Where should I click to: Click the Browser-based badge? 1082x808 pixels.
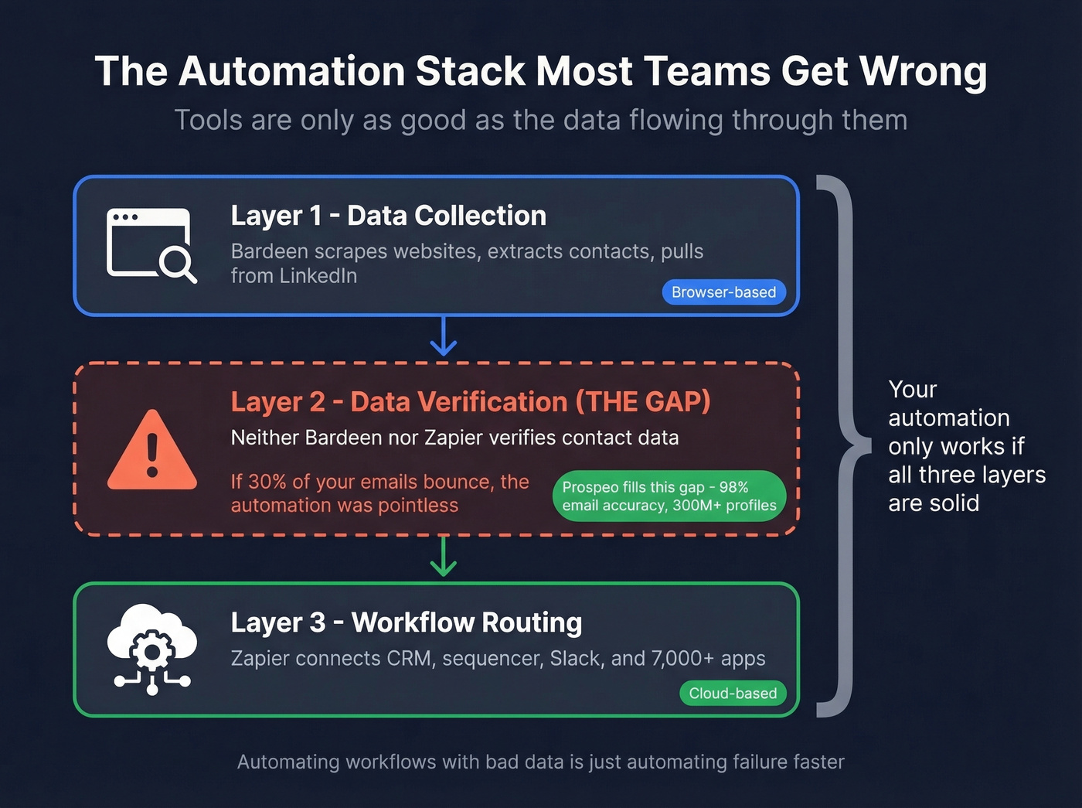coord(723,292)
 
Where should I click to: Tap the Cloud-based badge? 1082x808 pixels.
coord(733,694)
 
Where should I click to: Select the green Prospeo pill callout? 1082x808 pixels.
coord(669,496)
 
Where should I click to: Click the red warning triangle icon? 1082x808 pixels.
coord(152,451)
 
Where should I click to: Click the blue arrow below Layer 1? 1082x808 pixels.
coord(443,336)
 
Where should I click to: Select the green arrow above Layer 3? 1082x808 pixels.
coord(443,557)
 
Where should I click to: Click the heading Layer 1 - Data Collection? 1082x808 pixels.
coord(388,216)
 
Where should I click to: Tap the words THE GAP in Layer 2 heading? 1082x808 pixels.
coord(642,402)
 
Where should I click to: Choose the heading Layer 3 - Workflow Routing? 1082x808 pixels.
coord(406,622)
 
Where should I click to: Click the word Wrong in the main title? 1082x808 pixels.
coord(923,72)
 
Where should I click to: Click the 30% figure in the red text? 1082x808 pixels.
coord(267,482)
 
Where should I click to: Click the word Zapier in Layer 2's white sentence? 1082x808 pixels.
coord(454,438)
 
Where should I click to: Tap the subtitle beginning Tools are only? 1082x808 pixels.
coord(540,121)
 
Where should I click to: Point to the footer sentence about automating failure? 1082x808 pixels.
coord(540,762)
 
